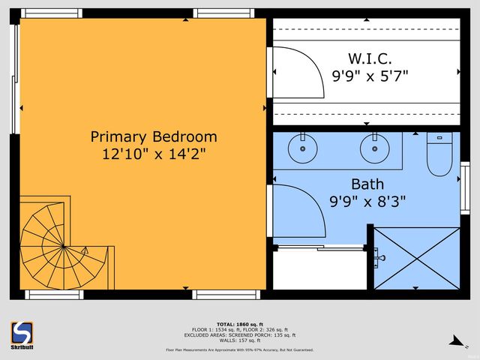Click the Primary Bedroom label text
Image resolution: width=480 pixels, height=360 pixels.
pos(154,137)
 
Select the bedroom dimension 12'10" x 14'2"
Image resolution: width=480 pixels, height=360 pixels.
pos(154,154)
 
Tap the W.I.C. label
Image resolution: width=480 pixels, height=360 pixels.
pos(370,58)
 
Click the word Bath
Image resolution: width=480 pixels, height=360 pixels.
pos(367,184)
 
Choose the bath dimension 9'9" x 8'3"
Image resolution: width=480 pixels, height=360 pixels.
pos(367,201)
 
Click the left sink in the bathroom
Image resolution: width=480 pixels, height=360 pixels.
pos(304,148)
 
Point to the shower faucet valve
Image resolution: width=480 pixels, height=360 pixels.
pos(379,258)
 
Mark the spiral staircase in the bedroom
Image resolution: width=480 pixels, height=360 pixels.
pos(56,244)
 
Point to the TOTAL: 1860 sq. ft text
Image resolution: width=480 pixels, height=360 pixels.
pos(239,324)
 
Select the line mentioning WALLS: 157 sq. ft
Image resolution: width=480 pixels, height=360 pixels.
pos(239,341)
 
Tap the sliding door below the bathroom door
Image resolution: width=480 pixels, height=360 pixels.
pos(319,248)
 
